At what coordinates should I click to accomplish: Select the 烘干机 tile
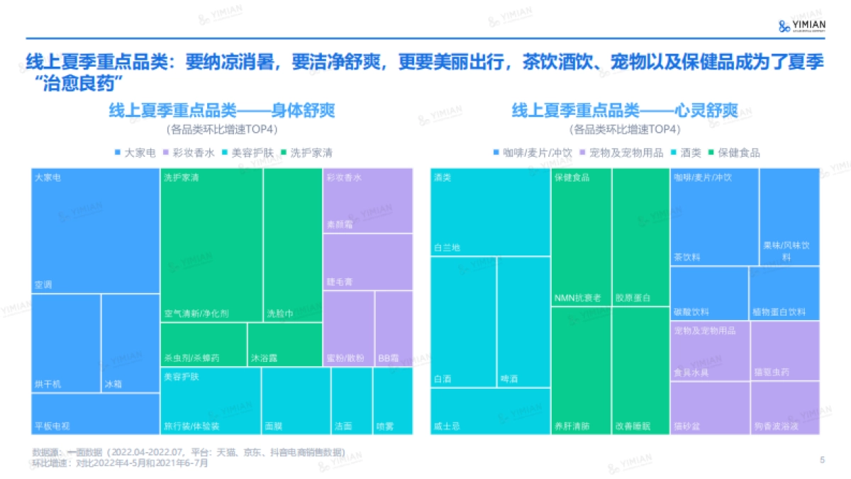[66, 343]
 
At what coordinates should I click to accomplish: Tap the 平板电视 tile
[96, 414]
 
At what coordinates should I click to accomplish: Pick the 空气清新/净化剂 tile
[211, 245]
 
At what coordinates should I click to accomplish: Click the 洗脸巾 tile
[293, 245]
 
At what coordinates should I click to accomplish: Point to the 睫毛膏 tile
[367, 262]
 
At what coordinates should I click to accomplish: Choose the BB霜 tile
[394, 328]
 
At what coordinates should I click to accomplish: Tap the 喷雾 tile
[393, 401]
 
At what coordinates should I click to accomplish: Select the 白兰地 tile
[490, 211]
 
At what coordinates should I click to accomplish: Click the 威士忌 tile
[490, 411]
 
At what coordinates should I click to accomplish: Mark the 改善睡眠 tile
[640, 370]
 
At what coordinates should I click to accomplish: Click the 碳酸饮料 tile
[709, 293]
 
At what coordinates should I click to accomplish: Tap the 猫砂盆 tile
[709, 408]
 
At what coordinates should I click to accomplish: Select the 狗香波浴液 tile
[785, 408]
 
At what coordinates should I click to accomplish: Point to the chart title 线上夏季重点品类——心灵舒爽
[624, 111]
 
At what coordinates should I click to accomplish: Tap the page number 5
[822, 460]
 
